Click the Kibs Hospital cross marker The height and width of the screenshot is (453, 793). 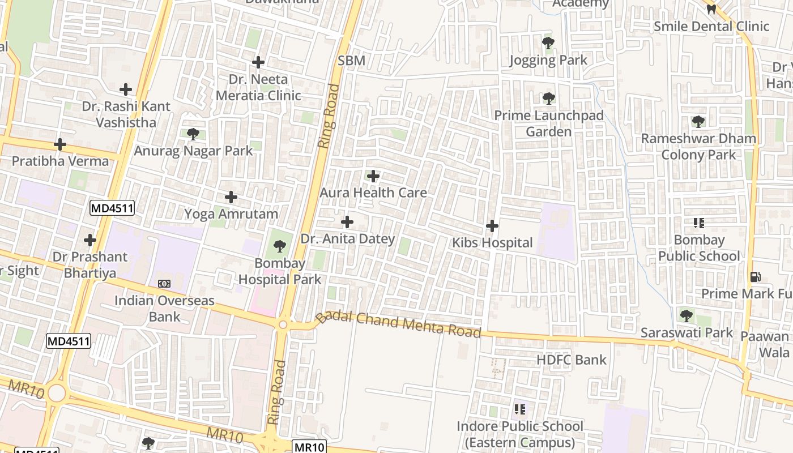(492, 226)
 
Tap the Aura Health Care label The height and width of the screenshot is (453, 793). (373, 193)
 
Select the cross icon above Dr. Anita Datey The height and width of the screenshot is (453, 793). (347, 222)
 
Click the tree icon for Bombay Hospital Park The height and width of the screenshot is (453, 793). (279, 246)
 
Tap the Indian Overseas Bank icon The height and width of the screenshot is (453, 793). (164, 283)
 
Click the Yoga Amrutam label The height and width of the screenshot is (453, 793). (231, 214)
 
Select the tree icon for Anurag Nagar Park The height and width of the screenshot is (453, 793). (193, 134)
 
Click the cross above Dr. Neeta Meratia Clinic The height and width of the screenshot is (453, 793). (258, 62)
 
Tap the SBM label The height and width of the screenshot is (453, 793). (351, 61)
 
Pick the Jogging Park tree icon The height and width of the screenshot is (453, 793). (548, 43)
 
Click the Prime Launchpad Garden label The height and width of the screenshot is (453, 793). (549, 123)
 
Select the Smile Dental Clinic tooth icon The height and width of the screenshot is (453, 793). (711, 9)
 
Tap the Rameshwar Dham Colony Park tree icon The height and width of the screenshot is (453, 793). (698, 121)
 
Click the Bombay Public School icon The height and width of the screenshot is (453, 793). (698, 223)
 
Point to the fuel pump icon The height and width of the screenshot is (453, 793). (755, 277)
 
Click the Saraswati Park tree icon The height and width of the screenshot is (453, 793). (686, 315)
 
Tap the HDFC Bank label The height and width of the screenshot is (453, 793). (571, 360)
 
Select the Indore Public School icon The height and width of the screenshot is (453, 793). (519, 409)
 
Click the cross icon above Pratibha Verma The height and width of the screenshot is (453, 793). (59, 144)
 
